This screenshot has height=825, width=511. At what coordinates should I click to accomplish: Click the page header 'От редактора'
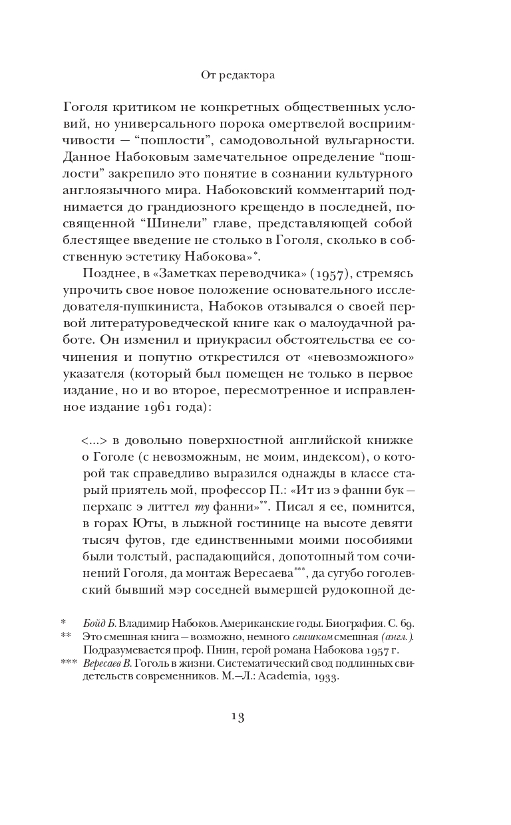[238, 76]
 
